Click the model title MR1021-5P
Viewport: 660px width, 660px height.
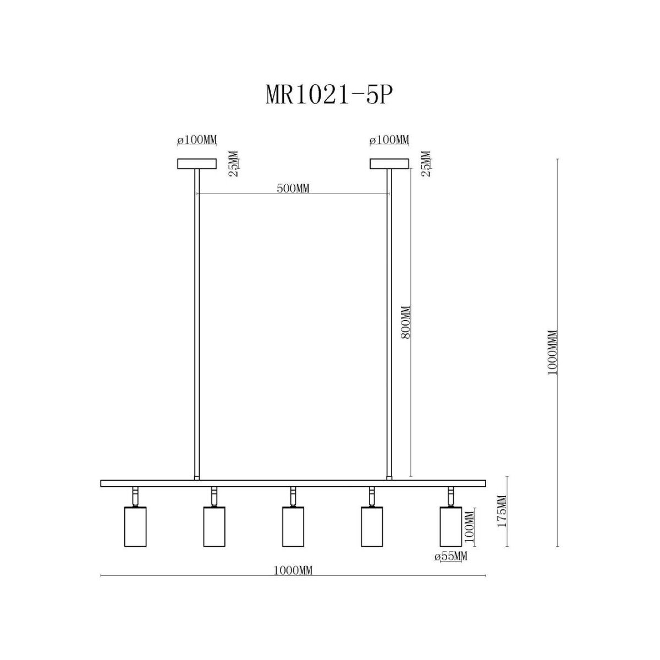click(x=328, y=95)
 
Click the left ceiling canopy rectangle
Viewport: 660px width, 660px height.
click(x=196, y=164)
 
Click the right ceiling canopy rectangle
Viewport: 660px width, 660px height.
click(x=389, y=164)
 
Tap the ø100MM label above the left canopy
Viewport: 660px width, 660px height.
click(x=197, y=140)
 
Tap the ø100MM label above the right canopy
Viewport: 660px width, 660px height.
click(x=389, y=140)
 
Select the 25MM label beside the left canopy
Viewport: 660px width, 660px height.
click(x=234, y=164)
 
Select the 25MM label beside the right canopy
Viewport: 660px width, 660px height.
click(x=426, y=164)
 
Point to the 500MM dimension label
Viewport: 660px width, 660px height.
click(x=293, y=188)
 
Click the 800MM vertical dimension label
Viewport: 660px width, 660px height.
click(x=405, y=322)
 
